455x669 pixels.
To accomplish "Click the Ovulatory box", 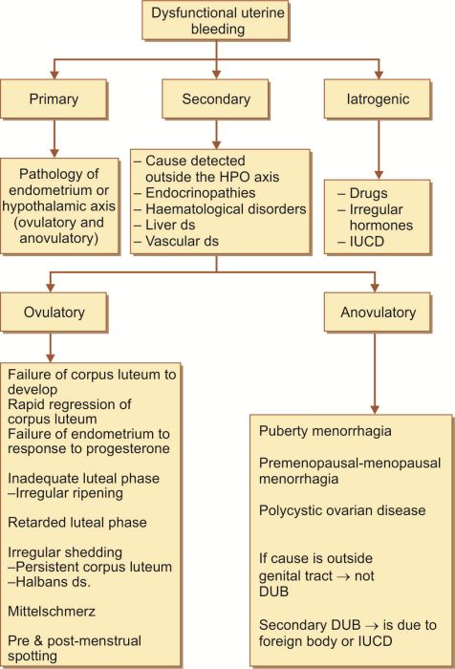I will point(54,313).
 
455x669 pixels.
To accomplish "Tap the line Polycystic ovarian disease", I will point(342,510).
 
